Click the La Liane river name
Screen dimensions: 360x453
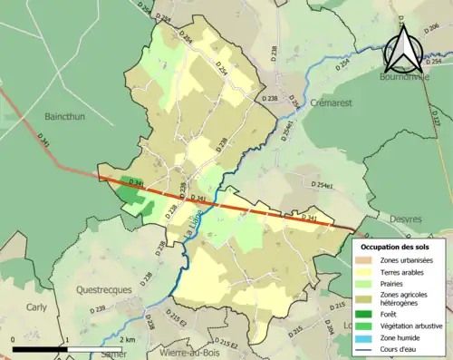click(191, 222)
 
